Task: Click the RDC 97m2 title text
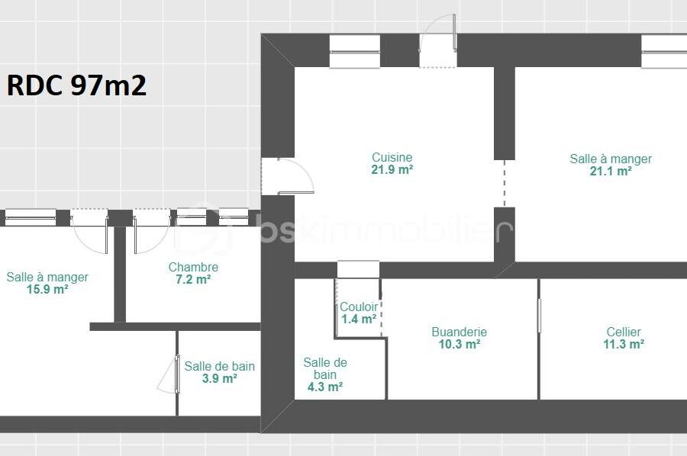pos(76,85)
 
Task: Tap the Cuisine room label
pos(392,157)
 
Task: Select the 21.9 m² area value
pos(392,169)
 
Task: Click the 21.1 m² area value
pos(611,171)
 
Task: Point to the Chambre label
pos(193,267)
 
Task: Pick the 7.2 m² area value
pos(193,279)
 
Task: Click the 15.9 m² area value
pos(47,289)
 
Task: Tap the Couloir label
pos(359,307)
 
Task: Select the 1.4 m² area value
pos(359,319)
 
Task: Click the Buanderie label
pos(460,332)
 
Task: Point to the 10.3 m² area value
pos(460,344)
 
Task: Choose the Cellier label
pos(624,332)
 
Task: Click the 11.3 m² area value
pos(624,344)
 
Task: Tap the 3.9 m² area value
pos(220,378)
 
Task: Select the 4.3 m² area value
pos(325,387)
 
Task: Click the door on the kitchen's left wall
pos(287,176)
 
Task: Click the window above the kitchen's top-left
pos(354,52)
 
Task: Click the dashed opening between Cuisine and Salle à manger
pos(505,183)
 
